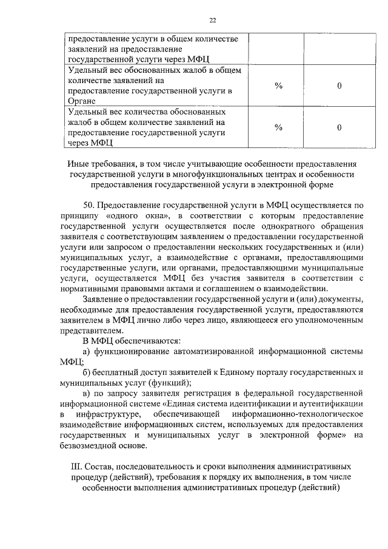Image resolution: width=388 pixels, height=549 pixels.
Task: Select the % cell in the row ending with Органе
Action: click(x=279, y=86)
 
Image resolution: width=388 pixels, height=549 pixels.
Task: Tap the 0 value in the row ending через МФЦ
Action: click(x=339, y=127)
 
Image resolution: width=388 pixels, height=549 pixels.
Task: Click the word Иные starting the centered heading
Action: click(x=80, y=164)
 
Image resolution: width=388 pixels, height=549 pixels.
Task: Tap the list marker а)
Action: click(x=87, y=352)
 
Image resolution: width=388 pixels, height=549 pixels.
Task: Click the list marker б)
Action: click(x=87, y=372)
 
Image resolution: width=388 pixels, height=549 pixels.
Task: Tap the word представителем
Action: click(x=90, y=331)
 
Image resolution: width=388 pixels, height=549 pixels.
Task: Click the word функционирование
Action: click(x=130, y=352)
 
